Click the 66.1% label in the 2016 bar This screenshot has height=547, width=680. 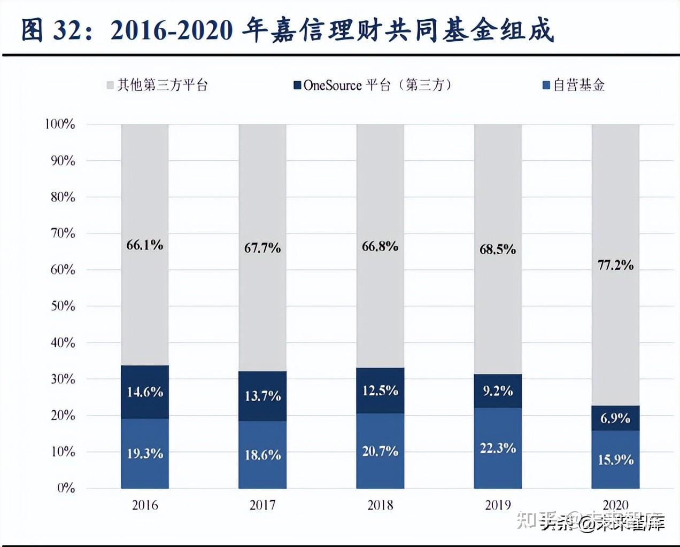(144, 245)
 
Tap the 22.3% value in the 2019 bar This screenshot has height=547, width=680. (498, 448)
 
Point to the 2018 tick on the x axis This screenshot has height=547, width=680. (380, 505)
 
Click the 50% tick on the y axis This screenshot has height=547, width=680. (63, 306)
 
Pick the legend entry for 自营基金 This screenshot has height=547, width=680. (573, 85)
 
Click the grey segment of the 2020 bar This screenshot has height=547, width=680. (615, 214)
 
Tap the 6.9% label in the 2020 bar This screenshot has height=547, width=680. (615, 418)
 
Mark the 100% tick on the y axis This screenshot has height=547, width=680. (60, 124)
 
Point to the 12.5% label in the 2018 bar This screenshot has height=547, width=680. (380, 390)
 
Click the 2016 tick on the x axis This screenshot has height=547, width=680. (145, 505)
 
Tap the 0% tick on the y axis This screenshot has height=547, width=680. (66, 488)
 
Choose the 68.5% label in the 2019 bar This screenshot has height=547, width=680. (498, 249)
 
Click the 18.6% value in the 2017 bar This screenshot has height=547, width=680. (262, 455)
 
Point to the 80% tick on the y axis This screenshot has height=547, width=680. (63, 197)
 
